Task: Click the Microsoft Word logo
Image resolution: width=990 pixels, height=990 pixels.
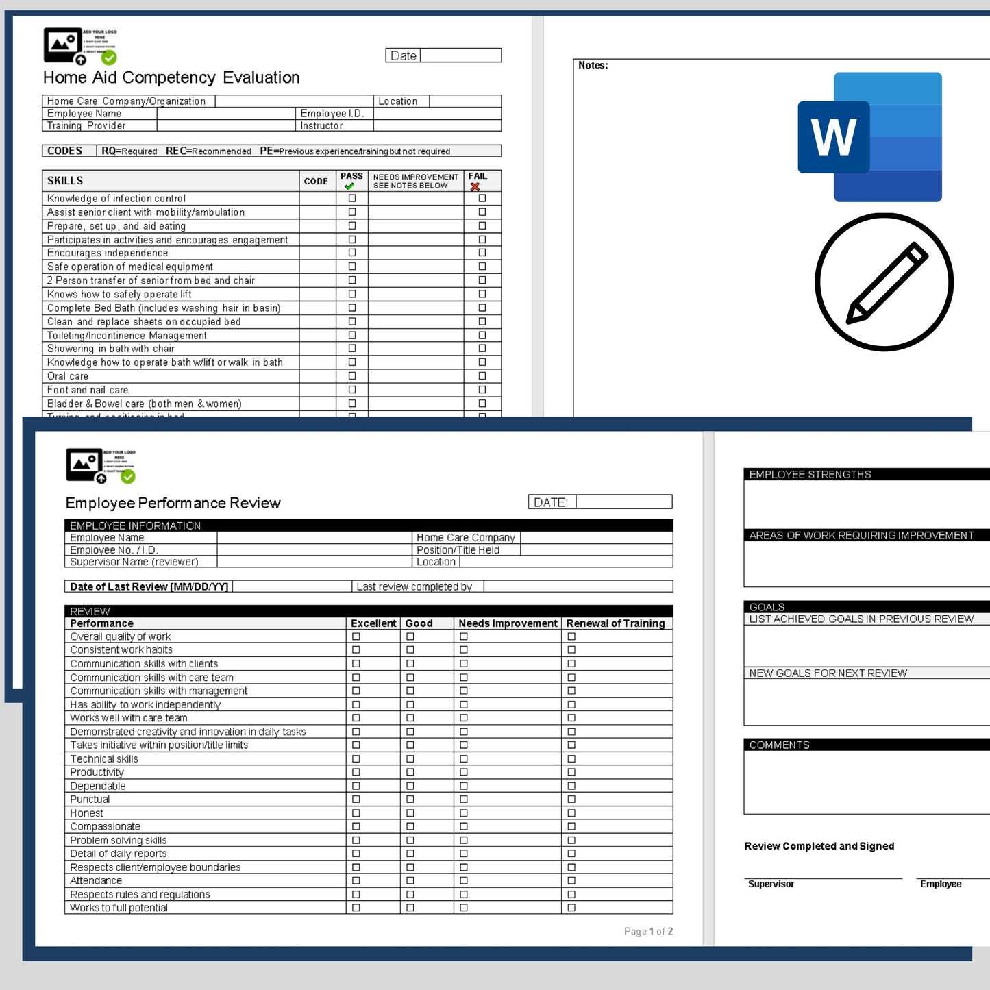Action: pos(869,137)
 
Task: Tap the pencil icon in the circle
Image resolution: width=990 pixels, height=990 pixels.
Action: pos(884,282)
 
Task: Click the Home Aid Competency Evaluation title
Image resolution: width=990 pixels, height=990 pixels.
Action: pos(171,77)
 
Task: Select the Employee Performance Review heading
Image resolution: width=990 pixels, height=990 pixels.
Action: pos(173,503)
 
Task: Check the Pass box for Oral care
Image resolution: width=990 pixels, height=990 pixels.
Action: pos(352,376)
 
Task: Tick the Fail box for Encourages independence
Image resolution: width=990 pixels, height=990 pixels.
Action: pos(482,253)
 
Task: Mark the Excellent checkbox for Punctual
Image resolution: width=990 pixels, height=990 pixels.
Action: pos(356,800)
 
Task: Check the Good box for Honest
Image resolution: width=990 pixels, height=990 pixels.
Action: pos(410,813)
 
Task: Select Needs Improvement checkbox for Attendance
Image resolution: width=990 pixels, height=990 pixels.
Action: pos(464,880)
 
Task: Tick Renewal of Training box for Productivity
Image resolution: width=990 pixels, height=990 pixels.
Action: pos(571,772)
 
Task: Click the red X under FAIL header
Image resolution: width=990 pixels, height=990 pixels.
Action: pos(475,186)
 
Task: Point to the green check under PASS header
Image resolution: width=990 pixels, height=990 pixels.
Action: pos(349,186)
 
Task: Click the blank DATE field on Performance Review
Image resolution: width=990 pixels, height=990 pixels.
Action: pos(623,502)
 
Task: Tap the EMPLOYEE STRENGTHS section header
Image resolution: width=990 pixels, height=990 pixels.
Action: pos(810,474)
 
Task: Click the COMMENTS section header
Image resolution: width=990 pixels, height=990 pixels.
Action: pos(779,745)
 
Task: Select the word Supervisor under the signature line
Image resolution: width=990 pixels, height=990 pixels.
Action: pos(771,884)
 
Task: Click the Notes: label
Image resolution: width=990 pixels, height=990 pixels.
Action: pos(593,65)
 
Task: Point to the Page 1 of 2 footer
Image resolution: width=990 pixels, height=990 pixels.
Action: pos(648,931)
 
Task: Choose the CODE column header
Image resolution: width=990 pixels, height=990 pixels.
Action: pos(316,182)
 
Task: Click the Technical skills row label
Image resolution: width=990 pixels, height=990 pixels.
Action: pos(104,759)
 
